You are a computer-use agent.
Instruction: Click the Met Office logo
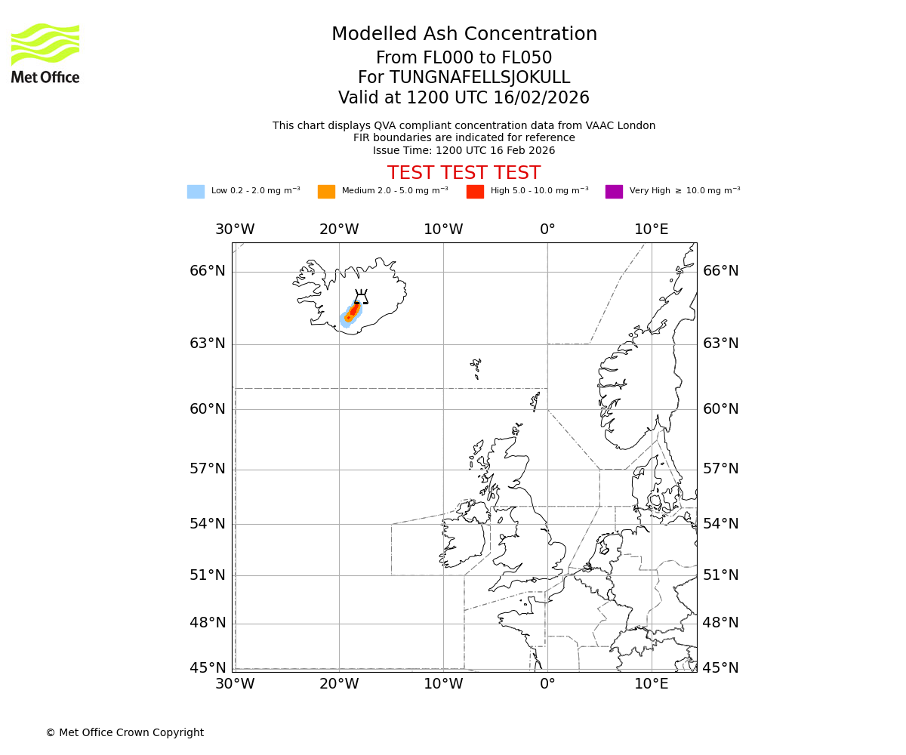[x=45, y=53]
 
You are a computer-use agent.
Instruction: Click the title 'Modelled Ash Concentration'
[x=464, y=35]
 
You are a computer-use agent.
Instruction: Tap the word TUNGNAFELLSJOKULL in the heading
[x=479, y=78]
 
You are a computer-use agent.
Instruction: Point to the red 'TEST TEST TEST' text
[x=464, y=173]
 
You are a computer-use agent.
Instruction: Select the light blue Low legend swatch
[x=196, y=192]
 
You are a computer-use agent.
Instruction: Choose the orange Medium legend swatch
[x=326, y=192]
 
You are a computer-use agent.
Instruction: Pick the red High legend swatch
[x=475, y=192]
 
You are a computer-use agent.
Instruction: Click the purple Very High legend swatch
[x=614, y=192]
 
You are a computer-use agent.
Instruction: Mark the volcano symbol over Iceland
[x=361, y=297]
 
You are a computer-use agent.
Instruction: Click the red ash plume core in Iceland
[x=353, y=310]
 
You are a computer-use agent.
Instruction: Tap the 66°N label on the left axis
[x=208, y=271]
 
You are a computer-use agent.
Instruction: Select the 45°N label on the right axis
[x=721, y=668]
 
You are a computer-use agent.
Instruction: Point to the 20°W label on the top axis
[x=339, y=230]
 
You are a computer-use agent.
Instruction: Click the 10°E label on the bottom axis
[x=651, y=684]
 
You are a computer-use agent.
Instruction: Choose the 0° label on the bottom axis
[x=547, y=684]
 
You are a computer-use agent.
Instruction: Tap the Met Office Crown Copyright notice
[x=125, y=733]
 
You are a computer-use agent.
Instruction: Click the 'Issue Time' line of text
[x=464, y=151]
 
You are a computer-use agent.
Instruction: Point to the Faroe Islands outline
[x=476, y=368]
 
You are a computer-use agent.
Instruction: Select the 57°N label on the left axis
[x=208, y=469]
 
